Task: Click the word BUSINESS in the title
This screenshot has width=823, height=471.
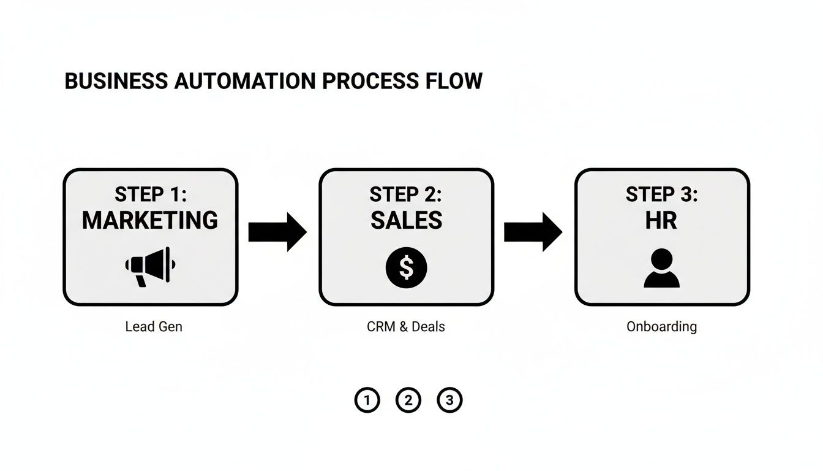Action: point(116,82)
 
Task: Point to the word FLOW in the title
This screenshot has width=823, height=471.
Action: point(454,82)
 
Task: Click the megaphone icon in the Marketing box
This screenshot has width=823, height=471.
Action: point(150,266)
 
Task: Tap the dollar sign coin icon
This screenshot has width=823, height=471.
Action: point(406,267)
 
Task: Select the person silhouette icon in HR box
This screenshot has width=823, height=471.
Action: point(661,269)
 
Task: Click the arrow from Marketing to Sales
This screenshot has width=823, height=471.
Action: point(277,232)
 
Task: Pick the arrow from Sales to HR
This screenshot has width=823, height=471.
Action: point(533,232)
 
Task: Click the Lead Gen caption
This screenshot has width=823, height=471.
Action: point(153,327)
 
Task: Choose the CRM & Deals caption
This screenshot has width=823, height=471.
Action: point(405,327)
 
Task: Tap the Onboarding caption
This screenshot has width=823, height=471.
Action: point(661,327)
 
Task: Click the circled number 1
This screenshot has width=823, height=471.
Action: point(367,400)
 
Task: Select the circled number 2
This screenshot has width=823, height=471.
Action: point(408,400)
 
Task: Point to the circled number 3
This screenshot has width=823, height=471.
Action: point(449,400)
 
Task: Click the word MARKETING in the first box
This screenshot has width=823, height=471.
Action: point(150,220)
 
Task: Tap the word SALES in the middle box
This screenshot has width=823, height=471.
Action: point(406,220)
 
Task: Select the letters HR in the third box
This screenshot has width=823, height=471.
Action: point(661,220)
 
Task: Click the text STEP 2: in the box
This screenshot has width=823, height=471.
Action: point(406,194)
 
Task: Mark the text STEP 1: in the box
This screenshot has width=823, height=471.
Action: point(150,194)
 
